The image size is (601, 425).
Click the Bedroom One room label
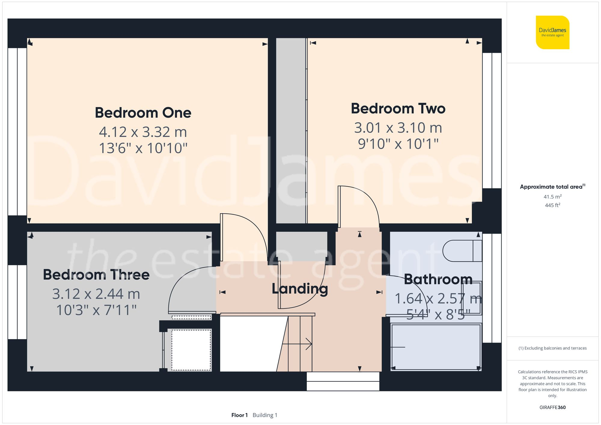[143, 113]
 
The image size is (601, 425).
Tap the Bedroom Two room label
[398, 109]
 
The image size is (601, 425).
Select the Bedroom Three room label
[96, 275]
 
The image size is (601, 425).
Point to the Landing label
[300, 289]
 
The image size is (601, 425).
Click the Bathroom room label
[438, 280]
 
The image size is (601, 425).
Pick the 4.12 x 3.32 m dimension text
[143, 132]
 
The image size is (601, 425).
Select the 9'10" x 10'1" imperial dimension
[398, 144]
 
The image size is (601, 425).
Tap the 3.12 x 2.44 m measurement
[96, 294]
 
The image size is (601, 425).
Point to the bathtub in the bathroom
[436, 347]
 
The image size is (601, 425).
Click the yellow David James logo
[552, 32]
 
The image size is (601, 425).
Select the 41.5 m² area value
[552, 197]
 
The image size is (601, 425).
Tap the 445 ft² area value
[552, 205]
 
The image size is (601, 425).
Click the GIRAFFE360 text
[552, 407]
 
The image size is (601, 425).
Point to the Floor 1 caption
[239, 415]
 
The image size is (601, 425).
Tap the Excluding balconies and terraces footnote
[552, 348]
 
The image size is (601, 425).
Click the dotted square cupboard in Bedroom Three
[191, 350]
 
